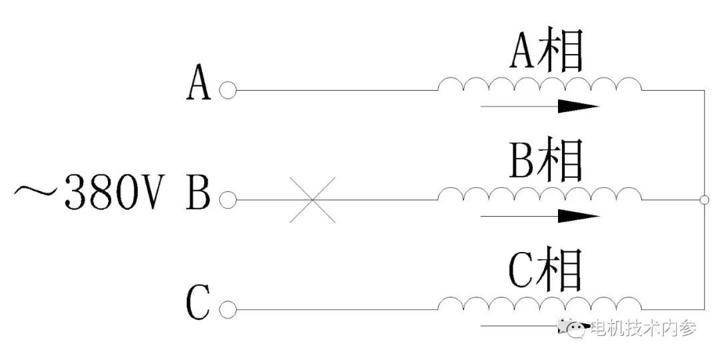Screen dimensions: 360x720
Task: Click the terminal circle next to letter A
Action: pyautogui.click(x=227, y=90)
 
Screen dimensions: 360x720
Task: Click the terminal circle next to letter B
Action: pyautogui.click(x=227, y=199)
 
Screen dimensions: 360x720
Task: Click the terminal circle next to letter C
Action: pyautogui.click(x=227, y=309)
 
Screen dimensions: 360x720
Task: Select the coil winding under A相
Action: pyautogui.click(x=539, y=84)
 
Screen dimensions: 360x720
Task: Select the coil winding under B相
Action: pyautogui.click(x=539, y=193)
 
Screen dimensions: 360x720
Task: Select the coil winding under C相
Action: pyautogui.click(x=539, y=304)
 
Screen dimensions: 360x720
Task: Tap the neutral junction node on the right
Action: pyautogui.click(x=705, y=199)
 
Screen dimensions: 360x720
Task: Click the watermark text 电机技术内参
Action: pyautogui.click(x=643, y=328)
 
